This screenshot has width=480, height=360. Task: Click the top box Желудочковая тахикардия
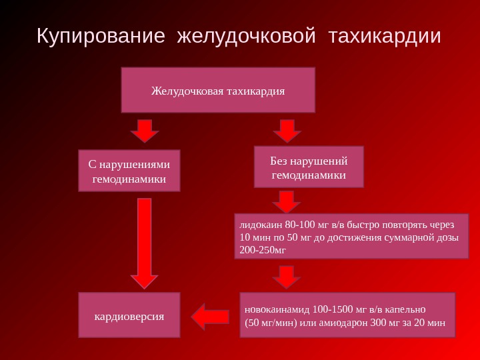point(217,90)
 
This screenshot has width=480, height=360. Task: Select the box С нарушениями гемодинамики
point(129,171)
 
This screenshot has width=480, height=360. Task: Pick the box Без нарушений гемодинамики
point(309,167)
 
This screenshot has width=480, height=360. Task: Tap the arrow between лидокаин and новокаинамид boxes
point(287,276)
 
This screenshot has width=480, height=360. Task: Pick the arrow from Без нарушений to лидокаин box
point(287,201)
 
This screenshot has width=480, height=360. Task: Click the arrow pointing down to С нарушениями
point(145,131)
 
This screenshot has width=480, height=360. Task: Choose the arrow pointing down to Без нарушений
point(287,131)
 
